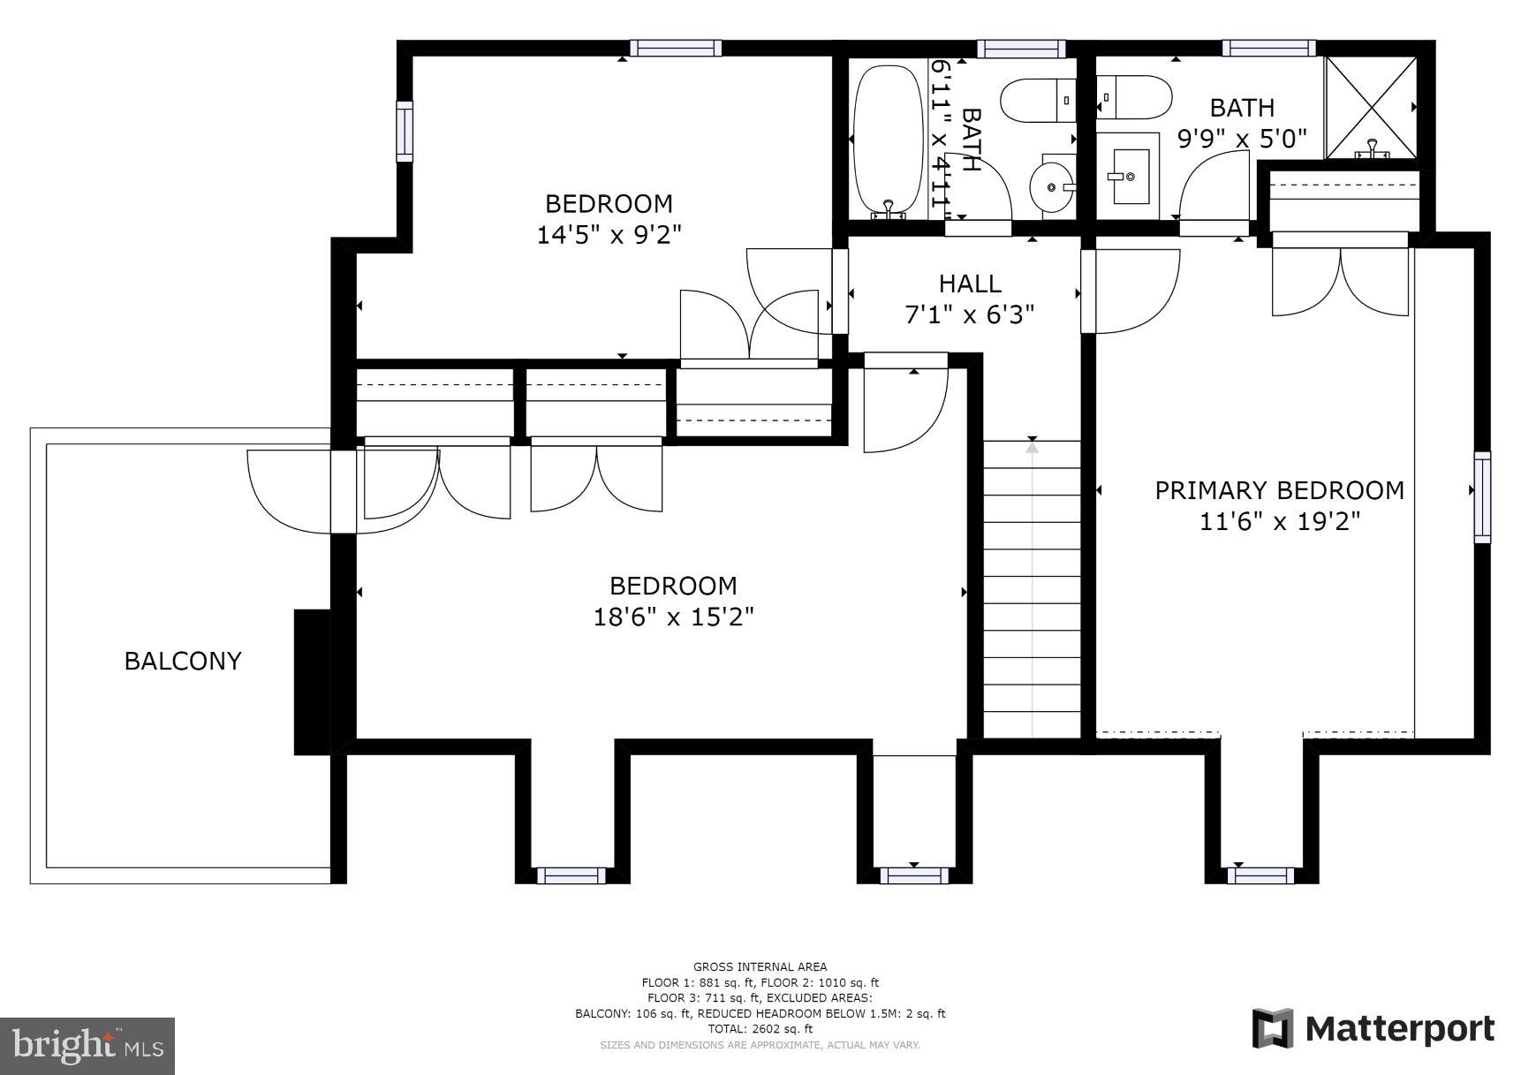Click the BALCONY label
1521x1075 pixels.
[x=182, y=661]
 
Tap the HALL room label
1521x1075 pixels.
[x=969, y=284]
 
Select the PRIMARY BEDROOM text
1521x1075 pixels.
[x=1279, y=490]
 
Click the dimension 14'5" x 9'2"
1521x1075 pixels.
[x=609, y=235]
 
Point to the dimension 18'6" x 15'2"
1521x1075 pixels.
[x=673, y=617]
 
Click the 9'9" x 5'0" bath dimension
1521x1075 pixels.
[x=1242, y=140]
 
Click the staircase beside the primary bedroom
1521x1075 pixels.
[x=1032, y=587]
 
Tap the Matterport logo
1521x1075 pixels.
[x=1373, y=1029]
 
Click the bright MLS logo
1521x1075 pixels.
[x=87, y=1046]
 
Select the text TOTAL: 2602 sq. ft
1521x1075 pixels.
[x=760, y=1029]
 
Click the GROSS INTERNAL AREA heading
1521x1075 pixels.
[x=760, y=966]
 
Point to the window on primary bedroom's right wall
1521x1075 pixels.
[x=1481, y=496]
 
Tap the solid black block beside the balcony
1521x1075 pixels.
[x=311, y=681]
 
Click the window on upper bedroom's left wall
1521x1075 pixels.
[x=405, y=131]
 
